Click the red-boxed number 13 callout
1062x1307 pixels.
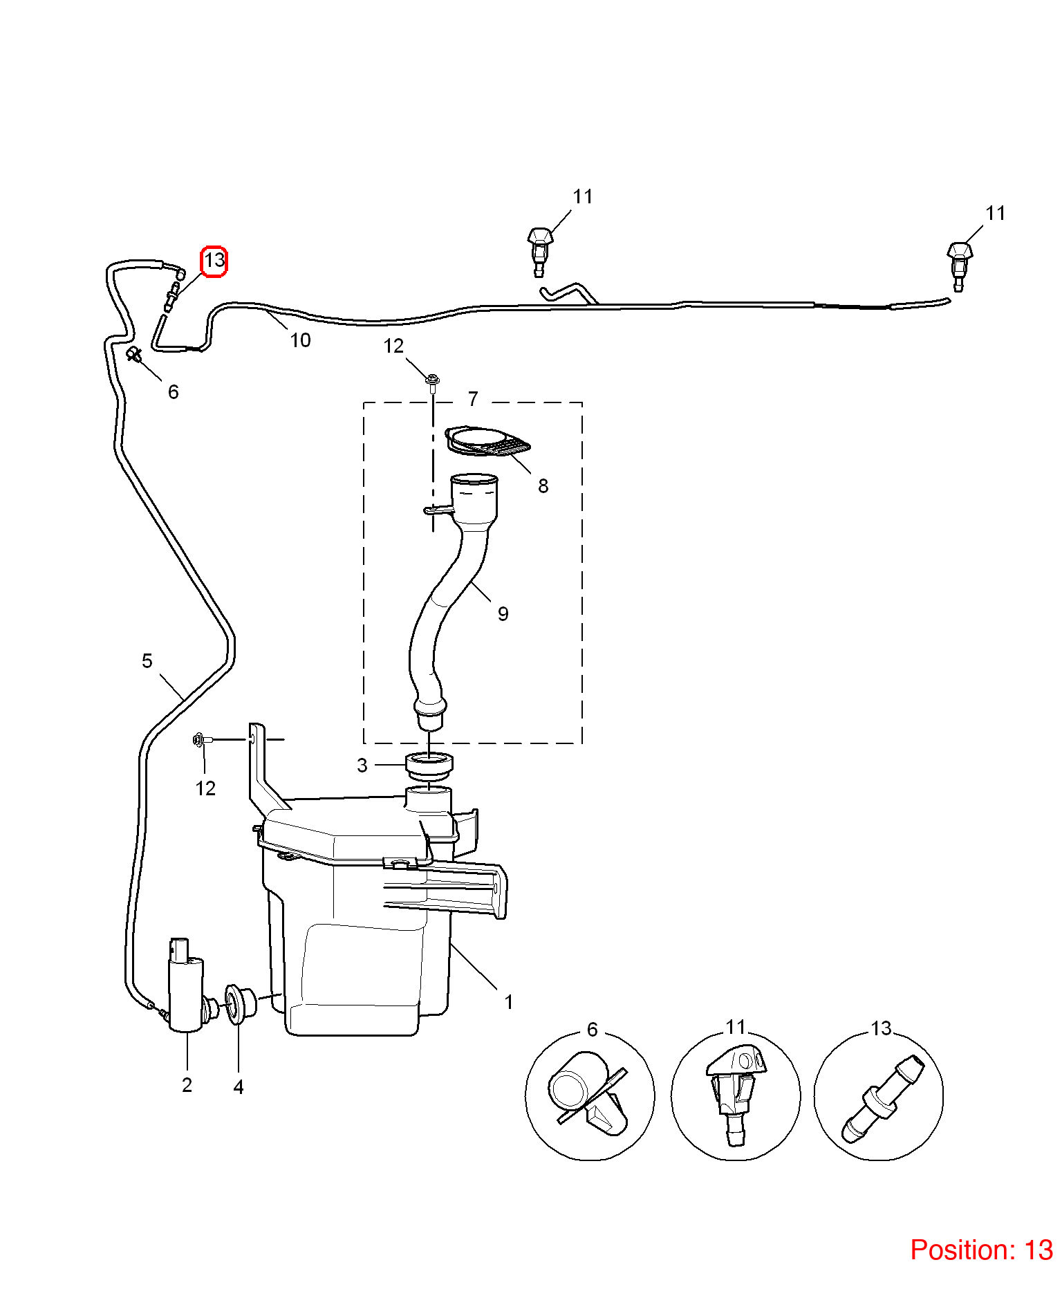[214, 261]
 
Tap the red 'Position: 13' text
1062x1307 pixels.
[981, 1250]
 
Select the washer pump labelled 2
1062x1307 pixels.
[187, 985]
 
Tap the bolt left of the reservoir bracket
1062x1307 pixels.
[201, 740]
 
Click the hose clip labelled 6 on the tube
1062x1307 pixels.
[134, 355]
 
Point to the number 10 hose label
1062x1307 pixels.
[300, 340]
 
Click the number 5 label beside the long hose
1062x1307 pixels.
[147, 661]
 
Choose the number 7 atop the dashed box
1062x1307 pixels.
[473, 399]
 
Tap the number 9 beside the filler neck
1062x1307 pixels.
[503, 614]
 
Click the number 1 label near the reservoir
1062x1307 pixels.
[509, 1002]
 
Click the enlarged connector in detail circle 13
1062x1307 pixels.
[882, 1098]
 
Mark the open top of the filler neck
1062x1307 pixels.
[474, 479]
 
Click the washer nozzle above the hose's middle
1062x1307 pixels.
[540, 250]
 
